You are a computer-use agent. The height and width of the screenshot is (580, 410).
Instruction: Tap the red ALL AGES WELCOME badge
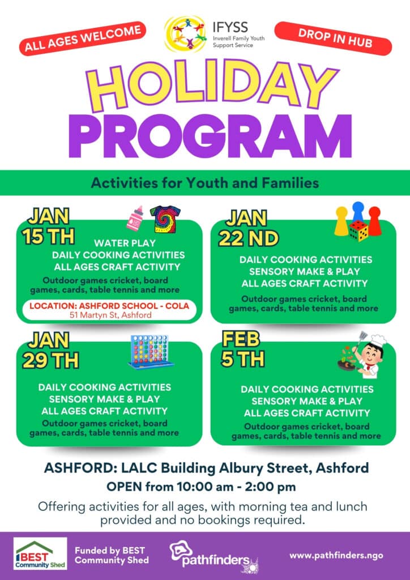click(x=82, y=39)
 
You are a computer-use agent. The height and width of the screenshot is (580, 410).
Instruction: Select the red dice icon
click(x=358, y=230)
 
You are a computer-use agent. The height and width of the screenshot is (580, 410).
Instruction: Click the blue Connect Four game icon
click(x=150, y=352)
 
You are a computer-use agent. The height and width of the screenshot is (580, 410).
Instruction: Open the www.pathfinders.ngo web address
click(x=336, y=556)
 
